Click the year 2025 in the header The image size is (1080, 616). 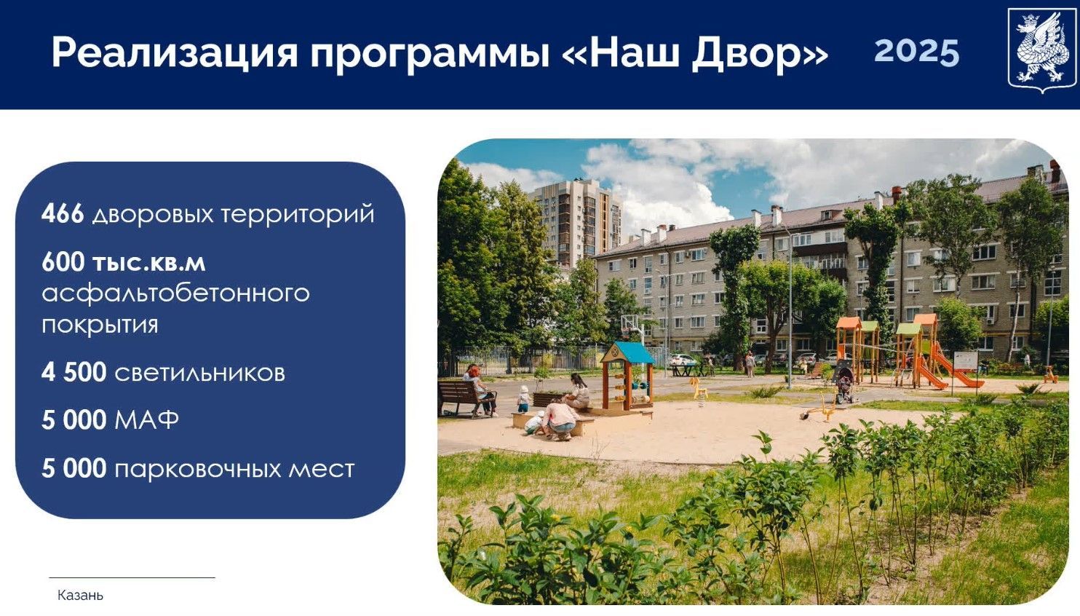click(x=916, y=52)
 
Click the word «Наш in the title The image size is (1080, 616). click(x=624, y=53)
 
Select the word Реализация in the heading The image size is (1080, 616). click(x=175, y=53)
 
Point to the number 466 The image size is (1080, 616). click(x=63, y=213)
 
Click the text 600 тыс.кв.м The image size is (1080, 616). click(x=123, y=261)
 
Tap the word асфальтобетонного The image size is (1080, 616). click(x=175, y=293)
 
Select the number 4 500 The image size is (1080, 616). click(x=74, y=372)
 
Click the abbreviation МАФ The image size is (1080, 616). click(x=146, y=420)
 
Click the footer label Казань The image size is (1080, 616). click(x=80, y=595)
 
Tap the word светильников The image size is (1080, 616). click(x=199, y=373)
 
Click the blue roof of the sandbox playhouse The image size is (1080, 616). click(x=627, y=353)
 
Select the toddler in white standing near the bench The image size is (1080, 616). click(x=523, y=399)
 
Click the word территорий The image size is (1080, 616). click(x=297, y=214)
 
